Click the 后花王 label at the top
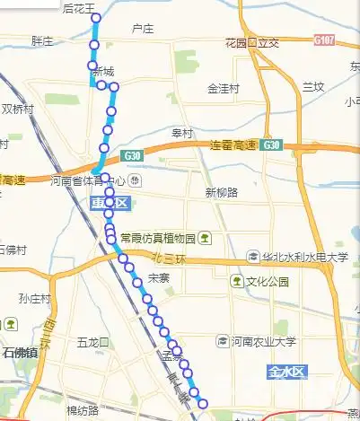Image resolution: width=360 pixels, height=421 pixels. (79, 8)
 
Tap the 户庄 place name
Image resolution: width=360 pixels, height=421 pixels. (142, 30)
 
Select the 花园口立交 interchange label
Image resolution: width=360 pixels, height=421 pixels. (252, 42)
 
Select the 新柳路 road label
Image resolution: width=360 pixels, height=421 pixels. (221, 193)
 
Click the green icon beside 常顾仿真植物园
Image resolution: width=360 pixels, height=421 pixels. (206, 238)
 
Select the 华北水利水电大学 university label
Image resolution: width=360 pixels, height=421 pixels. (305, 257)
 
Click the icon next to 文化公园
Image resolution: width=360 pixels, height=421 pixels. (237, 281)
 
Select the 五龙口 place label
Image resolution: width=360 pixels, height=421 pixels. (92, 342)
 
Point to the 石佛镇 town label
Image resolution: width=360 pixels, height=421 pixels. (20, 352)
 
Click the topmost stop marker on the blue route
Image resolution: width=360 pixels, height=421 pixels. (96, 18)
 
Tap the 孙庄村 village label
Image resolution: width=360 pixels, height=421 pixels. (35, 299)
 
